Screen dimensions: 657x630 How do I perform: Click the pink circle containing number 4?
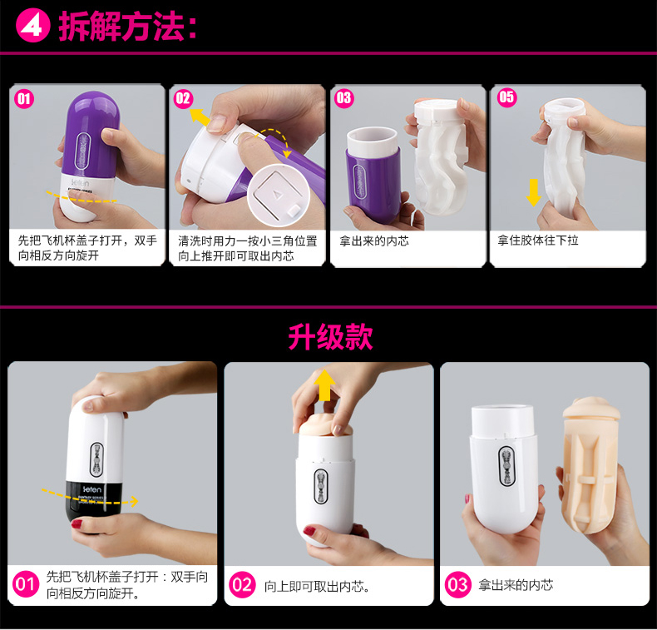pyautogui.click(x=32, y=27)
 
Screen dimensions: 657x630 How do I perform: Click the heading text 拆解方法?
pyautogui.click(x=121, y=27)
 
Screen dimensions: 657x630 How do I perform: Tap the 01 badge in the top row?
pyautogui.click(x=24, y=99)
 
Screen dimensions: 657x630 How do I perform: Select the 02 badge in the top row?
pyautogui.click(x=183, y=99)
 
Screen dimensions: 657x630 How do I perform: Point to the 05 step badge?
pyautogui.click(x=507, y=97)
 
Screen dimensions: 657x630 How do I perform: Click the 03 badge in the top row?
pyautogui.click(x=344, y=98)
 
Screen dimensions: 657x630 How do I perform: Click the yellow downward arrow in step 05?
pyautogui.click(x=533, y=192)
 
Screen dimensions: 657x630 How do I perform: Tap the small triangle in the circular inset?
pyautogui.click(x=276, y=195)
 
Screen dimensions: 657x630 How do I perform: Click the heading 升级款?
pyautogui.click(x=331, y=336)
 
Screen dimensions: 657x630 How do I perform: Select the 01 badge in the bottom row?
pyautogui.click(x=25, y=584)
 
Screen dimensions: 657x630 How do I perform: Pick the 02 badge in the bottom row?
pyautogui.click(x=242, y=585)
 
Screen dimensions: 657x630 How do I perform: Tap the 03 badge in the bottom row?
pyautogui.click(x=457, y=585)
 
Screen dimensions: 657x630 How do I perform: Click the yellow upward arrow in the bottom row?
pyautogui.click(x=324, y=385)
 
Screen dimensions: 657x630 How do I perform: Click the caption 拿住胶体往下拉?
pyautogui.click(x=538, y=241)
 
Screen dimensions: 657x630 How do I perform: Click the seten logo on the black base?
pyautogui.click(x=91, y=489)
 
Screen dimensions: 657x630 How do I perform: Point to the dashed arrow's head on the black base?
pyautogui.click(x=134, y=501)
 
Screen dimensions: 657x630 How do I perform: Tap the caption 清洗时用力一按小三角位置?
pyautogui.click(x=247, y=241)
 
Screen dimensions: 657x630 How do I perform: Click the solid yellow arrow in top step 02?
pyautogui.click(x=200, y=117)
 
